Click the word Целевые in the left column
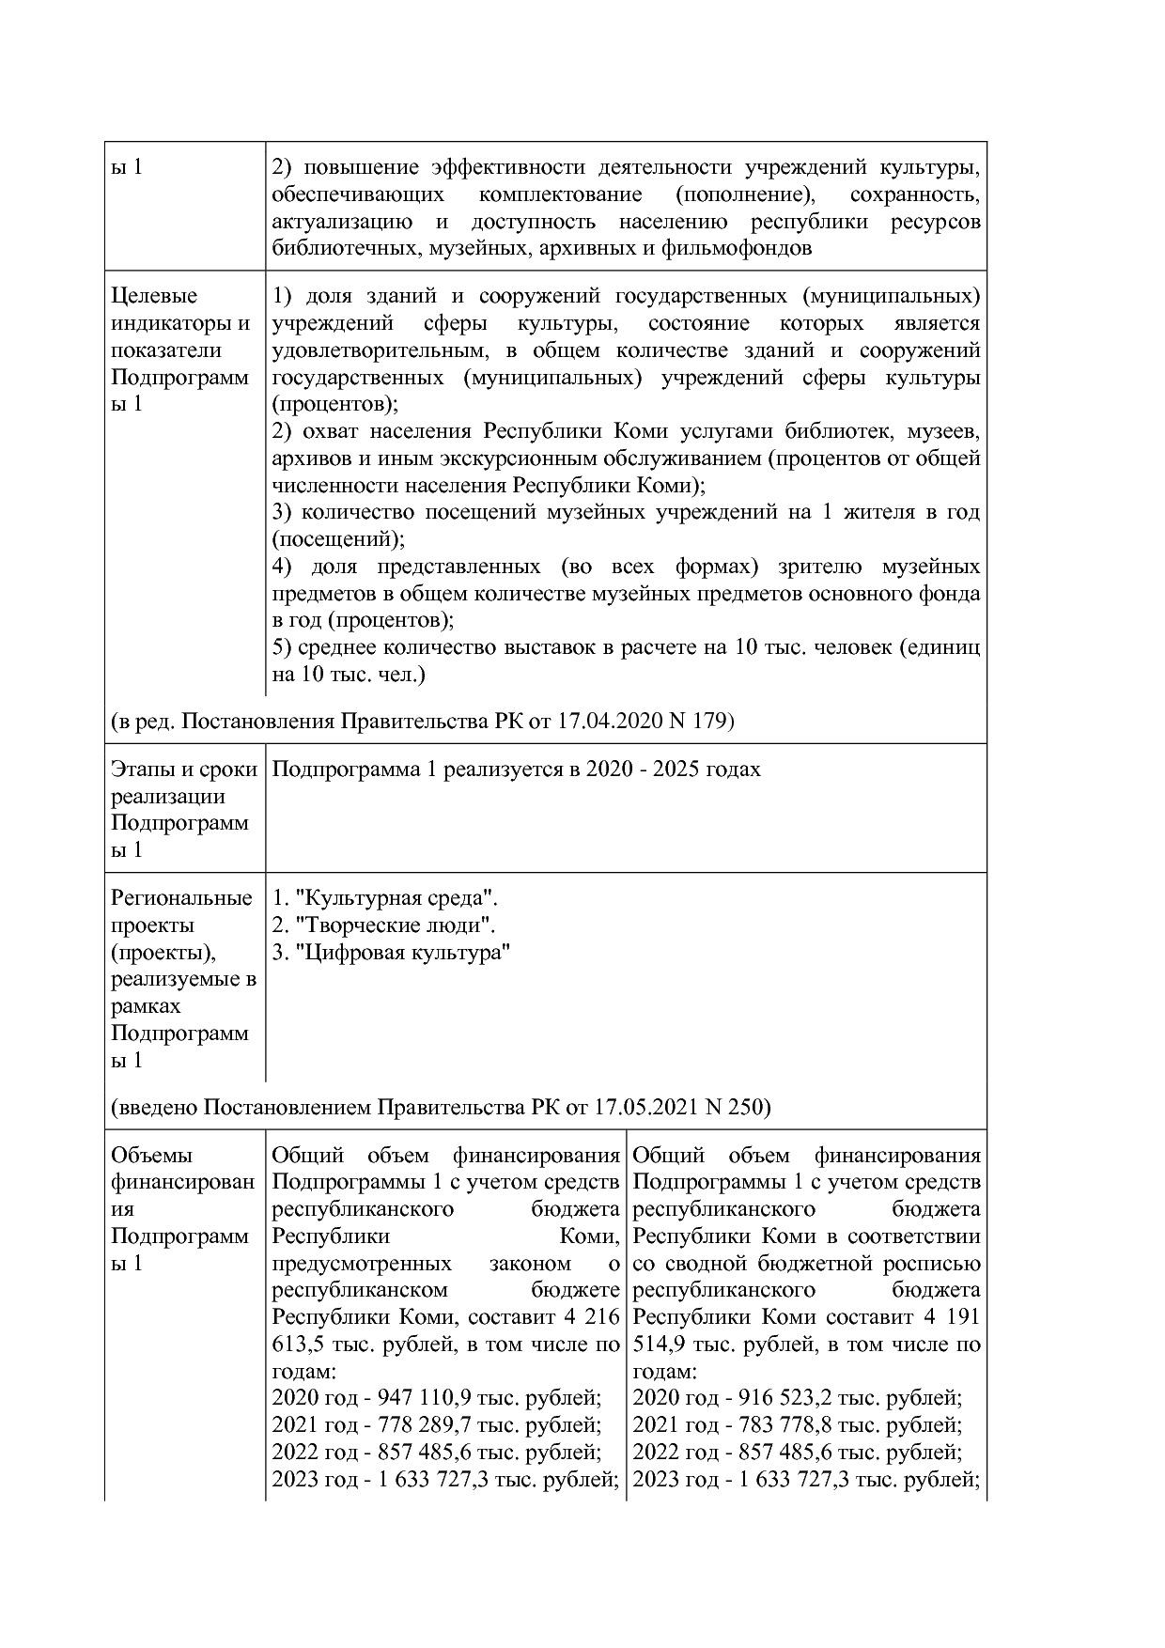click(154, 296)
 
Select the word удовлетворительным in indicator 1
click(379, 350)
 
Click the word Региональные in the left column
click(181, 898)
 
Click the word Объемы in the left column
click(151, 1156)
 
